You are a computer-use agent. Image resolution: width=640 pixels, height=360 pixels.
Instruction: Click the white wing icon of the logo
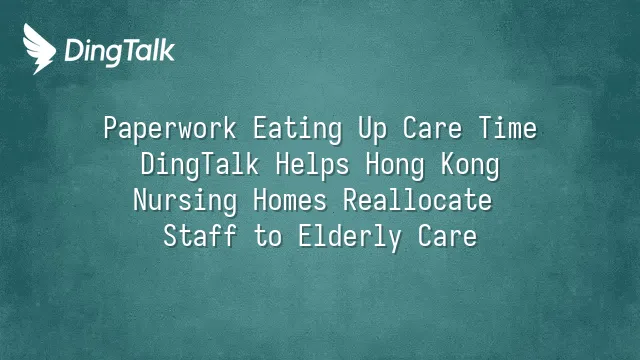point(39,49)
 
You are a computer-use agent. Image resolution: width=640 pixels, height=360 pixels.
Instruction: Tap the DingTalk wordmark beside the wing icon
point(120,52)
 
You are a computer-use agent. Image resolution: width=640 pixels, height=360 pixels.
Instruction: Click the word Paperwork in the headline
point(170,129)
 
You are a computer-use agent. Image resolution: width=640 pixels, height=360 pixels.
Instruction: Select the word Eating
point(298,129)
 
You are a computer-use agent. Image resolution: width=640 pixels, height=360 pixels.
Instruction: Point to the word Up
point(373,129)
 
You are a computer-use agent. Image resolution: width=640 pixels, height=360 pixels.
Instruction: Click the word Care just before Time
point(433,128)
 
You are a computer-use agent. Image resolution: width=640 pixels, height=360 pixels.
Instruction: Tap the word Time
point(508,128)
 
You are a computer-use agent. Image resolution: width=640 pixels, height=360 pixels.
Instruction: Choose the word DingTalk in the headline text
point(200,165)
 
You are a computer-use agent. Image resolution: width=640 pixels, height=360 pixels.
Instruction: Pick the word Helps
point(313,165)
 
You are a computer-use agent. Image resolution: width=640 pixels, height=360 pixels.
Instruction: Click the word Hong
point(395,165)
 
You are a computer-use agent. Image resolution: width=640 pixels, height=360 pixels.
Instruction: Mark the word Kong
point(470,165)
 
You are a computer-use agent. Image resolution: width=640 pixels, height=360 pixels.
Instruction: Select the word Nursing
point(185,201)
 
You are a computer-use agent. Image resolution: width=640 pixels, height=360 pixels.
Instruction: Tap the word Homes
point(290,200)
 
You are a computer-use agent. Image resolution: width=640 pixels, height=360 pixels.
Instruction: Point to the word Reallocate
point(418,200)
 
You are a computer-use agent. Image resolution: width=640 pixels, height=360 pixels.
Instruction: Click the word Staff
point(200,236)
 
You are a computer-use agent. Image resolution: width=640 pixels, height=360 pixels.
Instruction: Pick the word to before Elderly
point(268,237)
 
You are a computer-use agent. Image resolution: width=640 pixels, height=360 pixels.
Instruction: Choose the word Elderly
point(350,237)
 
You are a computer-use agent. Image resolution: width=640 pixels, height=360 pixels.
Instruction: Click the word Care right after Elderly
point(447,236)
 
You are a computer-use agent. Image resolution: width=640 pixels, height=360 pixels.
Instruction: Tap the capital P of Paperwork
point(111,128)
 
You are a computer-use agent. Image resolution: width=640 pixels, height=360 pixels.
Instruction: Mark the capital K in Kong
point(448,164)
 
